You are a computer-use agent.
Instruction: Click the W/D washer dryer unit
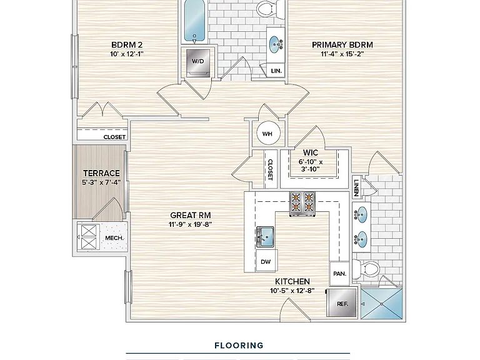click(x=198, y=63)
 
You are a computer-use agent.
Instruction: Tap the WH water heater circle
click(x=268, y=134)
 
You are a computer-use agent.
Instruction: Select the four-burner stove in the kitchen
click(x=302, y=203)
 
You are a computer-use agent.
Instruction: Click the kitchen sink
click(x=265, y=237)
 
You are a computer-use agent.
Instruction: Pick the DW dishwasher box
click(x=266, y=261)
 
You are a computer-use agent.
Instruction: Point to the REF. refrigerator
click(x=342, y=303)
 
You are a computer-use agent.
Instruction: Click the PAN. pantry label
click(x=339, y=274)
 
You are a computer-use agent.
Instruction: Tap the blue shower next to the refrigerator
click(x=381, y=304)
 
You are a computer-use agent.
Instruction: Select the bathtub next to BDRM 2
click(x=194, y=21)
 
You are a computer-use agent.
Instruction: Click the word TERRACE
click(x=101, y=173)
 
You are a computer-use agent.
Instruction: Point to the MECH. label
click(x=114, y=238)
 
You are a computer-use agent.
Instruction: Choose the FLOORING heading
click(x=239, y=346)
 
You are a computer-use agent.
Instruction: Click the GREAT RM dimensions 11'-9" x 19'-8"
click(x=190, y=224)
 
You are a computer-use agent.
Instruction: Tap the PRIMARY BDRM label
click(x=342, y=45)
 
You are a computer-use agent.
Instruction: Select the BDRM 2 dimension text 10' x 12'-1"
click(x=127, y=54)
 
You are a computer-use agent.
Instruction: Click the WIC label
click(x=311, y=152)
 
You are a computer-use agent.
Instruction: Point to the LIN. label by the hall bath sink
click(x=276, y=71)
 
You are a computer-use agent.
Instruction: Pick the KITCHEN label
click(x=292, y=281)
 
